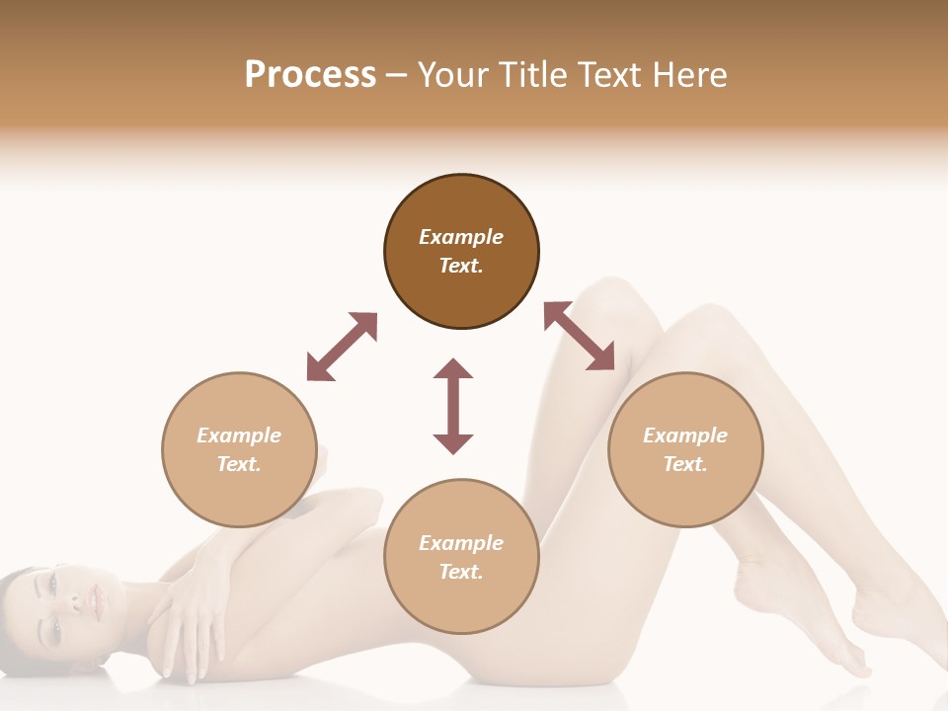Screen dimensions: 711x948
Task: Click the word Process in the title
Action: (310, 75)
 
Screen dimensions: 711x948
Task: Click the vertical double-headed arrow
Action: (453, 406)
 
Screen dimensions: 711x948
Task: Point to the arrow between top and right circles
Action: (579, 336)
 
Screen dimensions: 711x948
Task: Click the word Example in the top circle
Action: (461, 237)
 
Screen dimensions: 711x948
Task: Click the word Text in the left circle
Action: (239, 464)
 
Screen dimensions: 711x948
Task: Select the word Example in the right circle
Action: (685, 435)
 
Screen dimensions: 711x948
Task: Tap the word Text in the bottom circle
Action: (461, 572)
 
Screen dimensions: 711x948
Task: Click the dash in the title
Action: (396, 75)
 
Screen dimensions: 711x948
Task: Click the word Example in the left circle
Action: (239, 435)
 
